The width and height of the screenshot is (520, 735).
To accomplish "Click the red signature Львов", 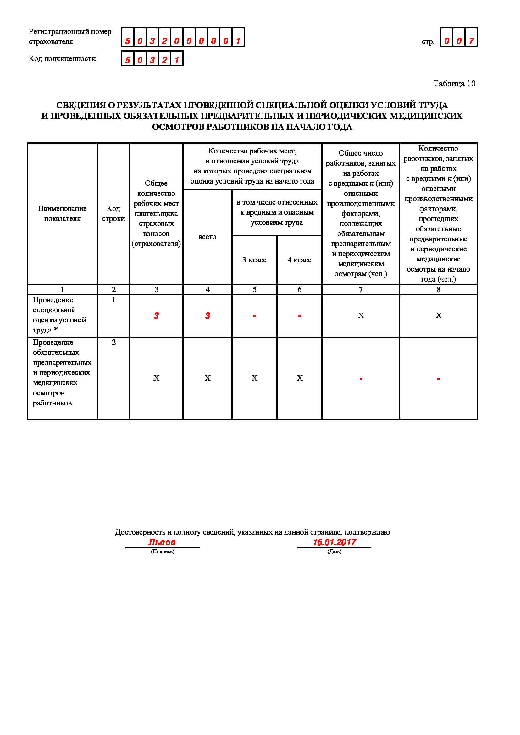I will tap(162, 542).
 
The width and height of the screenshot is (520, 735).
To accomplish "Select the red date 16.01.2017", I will tap(334, 542).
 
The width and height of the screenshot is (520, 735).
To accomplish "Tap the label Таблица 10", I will tap(454, 84).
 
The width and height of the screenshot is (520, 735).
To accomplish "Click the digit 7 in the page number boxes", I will tap(471, 41).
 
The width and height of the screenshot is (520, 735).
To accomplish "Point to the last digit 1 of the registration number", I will tap(238, 41).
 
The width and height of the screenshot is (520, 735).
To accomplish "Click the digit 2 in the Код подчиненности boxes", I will tap(164, 60).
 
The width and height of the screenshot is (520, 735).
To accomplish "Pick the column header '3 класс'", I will tap(254, 260).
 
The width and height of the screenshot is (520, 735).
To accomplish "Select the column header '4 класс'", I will tap(299, 260).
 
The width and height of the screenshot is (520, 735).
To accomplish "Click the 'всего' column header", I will tap(207, 237).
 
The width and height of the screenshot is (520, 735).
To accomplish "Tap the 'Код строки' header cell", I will tap(113, 213).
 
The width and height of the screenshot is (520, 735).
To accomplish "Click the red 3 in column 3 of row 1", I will tap(156, 315).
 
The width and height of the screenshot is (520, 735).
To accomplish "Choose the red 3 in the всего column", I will tap(207, 315).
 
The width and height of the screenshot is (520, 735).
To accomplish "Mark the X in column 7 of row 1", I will tap(361, 315).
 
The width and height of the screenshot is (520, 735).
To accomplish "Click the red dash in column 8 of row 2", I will tap(438, 379).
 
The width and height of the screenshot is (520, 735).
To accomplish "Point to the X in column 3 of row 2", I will tap(156, 378).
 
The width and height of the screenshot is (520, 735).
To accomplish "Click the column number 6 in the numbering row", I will tap(299, 289).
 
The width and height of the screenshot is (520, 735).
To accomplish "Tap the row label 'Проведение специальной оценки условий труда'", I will tap(59, 315).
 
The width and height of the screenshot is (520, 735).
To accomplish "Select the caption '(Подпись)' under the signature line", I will tap(162, 551).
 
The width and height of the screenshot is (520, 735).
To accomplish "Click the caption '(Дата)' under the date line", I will tap(334, 551).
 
